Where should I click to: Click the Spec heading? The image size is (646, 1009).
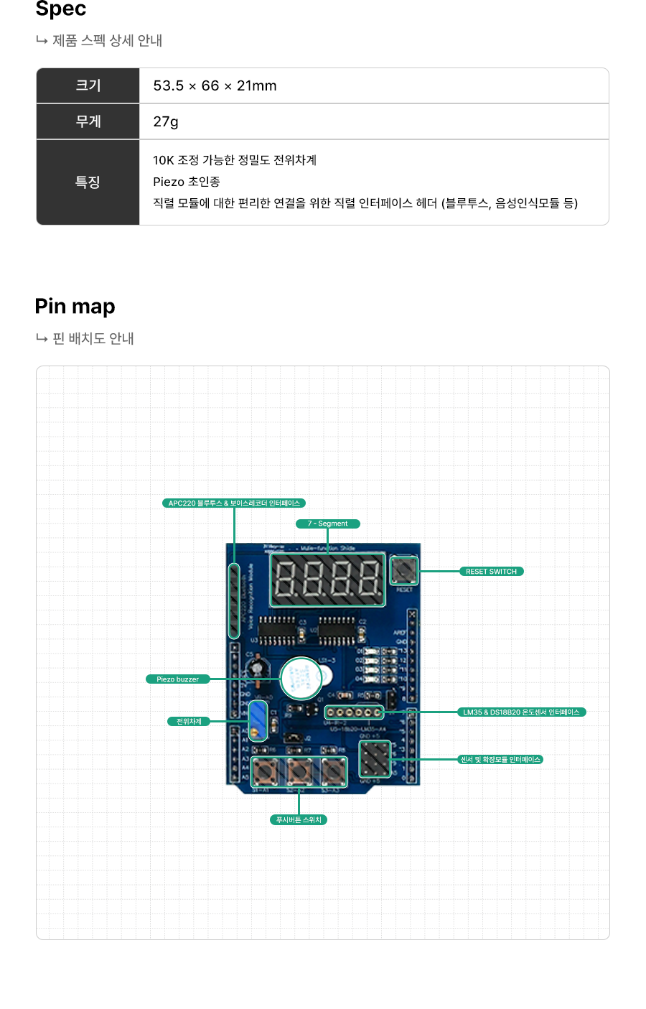tap(61, 9)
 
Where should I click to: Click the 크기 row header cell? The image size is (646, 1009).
tap(88, 85)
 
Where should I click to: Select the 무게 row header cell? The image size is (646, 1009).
tap(88, 121)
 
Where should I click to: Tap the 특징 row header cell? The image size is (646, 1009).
tap(88, 182)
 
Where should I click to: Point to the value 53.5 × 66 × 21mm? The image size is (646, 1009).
tap(215, 85)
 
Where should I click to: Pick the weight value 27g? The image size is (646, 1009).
tap(166, 121)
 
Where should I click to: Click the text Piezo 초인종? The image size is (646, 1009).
tap(187, 182)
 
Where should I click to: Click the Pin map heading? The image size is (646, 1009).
tap(75, 307)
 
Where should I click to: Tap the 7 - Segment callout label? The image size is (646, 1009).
tap(328, 524)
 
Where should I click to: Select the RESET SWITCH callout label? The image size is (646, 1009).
tap(492, 572)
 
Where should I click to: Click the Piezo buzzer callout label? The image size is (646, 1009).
tap(178, 679)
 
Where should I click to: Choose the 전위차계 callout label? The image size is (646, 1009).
tap(189, 722)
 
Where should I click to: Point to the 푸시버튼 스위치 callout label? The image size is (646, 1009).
tap(299, 819)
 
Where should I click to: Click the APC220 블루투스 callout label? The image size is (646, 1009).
tap(234, 503)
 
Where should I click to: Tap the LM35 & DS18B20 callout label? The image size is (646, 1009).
tap(522, 712)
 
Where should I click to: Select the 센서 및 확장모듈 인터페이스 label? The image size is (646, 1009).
tap(500, 759)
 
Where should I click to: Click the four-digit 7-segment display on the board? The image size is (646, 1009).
tap(327, 580)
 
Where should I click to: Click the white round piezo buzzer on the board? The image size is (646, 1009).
tap(301, 678)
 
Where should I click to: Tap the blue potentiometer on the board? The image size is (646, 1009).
tap(258, 720)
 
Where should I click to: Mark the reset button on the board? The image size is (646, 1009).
tap(403, 571)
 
